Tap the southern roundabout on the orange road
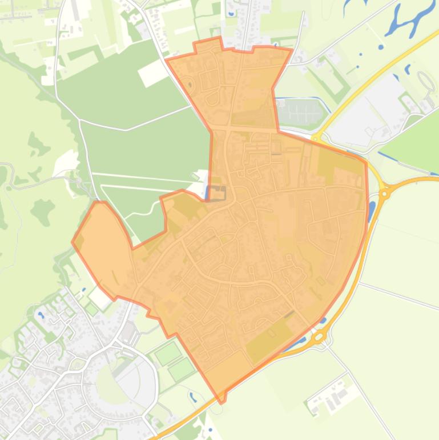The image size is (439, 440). [x=317, y=338]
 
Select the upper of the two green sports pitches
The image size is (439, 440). [x=168, y=353]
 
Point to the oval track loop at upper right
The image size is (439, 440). [x=426, y=81]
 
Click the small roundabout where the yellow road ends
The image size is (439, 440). [x=316, y=138]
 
